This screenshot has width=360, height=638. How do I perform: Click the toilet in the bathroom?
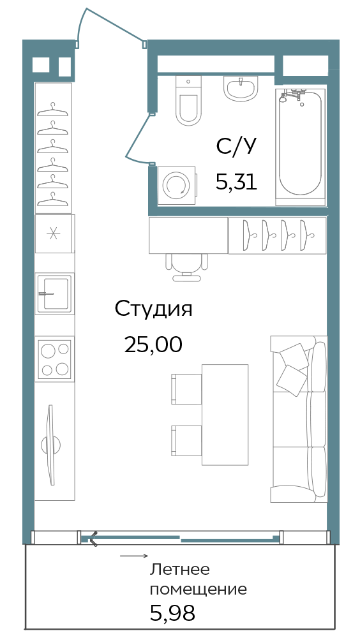pos(188,101)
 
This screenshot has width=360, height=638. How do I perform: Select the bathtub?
pos(301,145)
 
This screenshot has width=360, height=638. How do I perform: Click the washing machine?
pos(176,185)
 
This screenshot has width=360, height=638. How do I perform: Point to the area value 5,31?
pos(236,182)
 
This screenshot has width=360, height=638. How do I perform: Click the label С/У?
pos(236,147)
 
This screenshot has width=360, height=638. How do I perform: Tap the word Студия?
pos(153,310)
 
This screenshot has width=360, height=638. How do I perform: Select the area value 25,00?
pos(153,345)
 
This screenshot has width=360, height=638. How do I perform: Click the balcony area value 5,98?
pos(173,612)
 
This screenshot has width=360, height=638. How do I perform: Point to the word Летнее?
pos(179,570)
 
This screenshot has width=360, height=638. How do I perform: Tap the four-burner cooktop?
pos(54,359)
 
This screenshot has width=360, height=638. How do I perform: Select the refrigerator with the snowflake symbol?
pos(54,234)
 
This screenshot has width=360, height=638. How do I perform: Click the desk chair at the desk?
pos(187,267)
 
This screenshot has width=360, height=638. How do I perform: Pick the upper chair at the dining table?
pos(186,389)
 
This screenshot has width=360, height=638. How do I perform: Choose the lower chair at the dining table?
pos(186,441)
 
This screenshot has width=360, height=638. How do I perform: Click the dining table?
pos(225,415)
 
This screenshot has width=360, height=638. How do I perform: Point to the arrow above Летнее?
pos(134,556)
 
